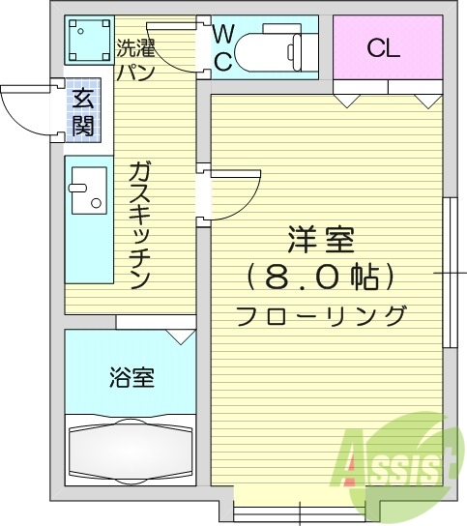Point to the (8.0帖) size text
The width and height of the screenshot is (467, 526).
pos(320,278)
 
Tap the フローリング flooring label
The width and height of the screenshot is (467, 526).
pos(320,315)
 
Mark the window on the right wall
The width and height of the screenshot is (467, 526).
pos(449,274)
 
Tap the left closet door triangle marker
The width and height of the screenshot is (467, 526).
pos(348,99)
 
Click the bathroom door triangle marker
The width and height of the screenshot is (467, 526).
pos(179,336)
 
